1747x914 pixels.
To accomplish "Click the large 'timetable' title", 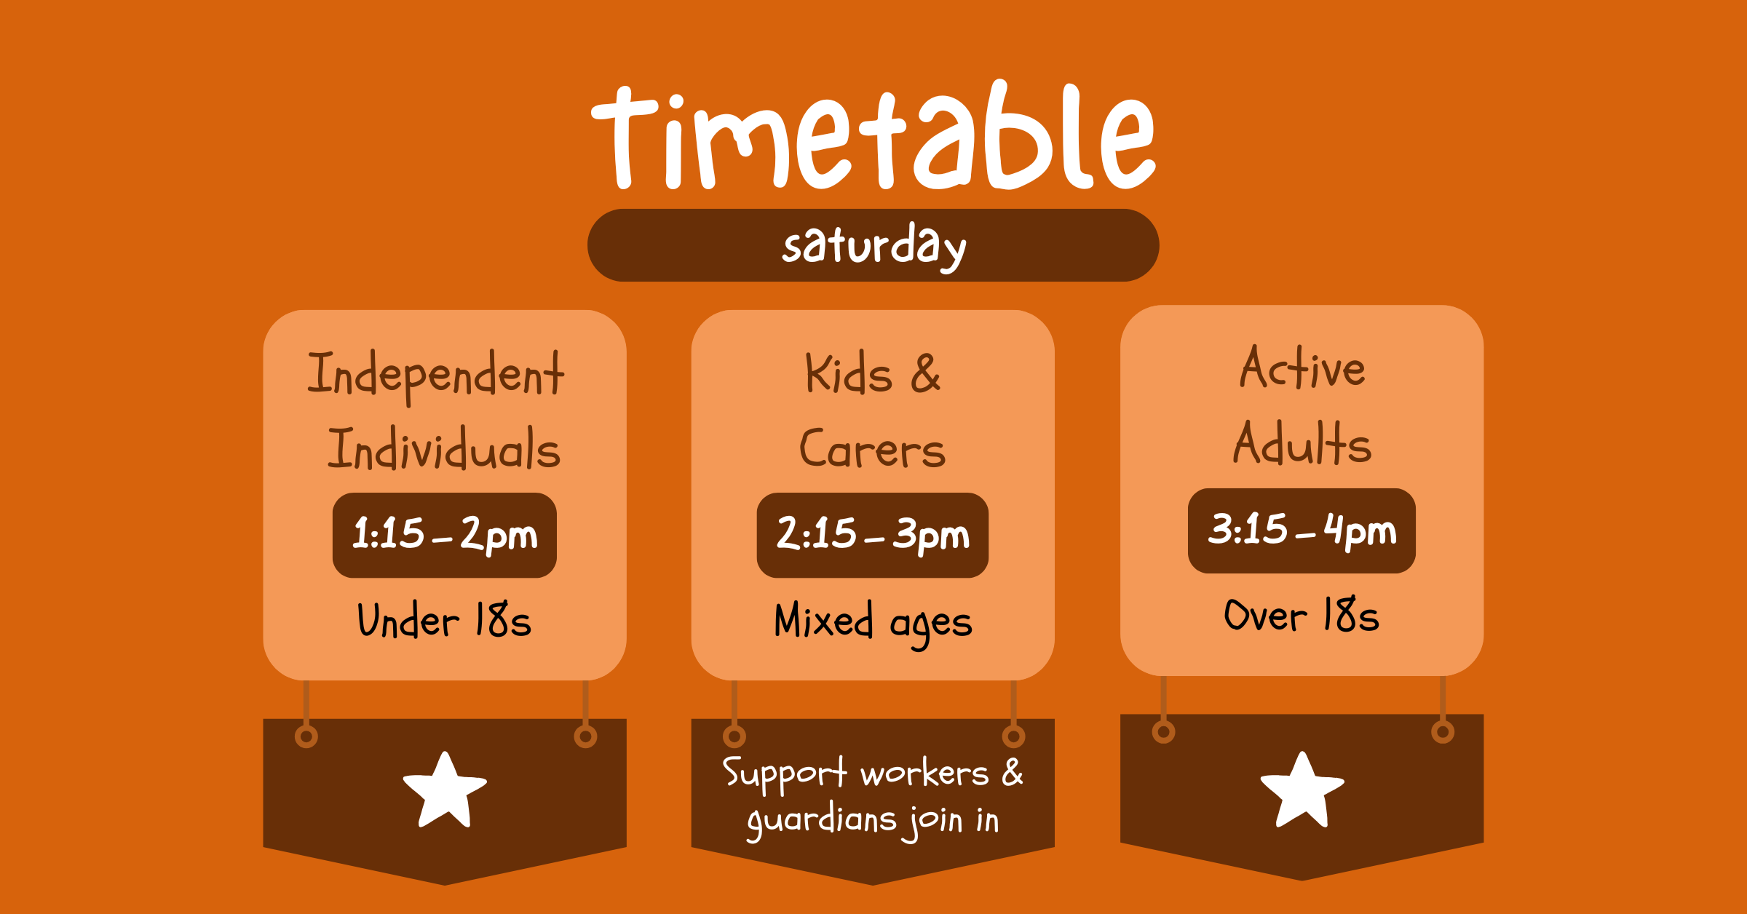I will click(873, 138).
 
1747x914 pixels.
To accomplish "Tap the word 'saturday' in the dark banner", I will click(873, 246).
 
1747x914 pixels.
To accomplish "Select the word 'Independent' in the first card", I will click(435, 375).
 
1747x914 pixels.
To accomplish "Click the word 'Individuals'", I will click(444, 449).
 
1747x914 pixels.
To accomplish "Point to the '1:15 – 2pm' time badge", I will click(445, 535).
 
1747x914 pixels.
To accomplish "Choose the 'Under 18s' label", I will click(444, 621).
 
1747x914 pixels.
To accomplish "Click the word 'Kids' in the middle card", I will click(848, 375).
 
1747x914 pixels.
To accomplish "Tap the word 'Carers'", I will click(872, 449).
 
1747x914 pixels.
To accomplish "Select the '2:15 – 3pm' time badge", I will click(873, 535).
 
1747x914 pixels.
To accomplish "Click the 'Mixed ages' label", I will click(873, 623).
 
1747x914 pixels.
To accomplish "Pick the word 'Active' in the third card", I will click(1302, 368).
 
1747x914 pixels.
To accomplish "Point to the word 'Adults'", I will click(1302, 444).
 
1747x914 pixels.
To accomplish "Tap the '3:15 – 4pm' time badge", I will click(1302, 530).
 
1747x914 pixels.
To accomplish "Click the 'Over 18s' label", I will click(1302, 616).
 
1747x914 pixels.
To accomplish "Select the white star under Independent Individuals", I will click(445, 791).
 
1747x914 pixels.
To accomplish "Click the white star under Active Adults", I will click(1302, 791).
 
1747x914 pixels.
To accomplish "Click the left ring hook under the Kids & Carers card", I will click(734, 736).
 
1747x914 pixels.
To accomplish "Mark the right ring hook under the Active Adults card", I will click(1443, 731).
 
